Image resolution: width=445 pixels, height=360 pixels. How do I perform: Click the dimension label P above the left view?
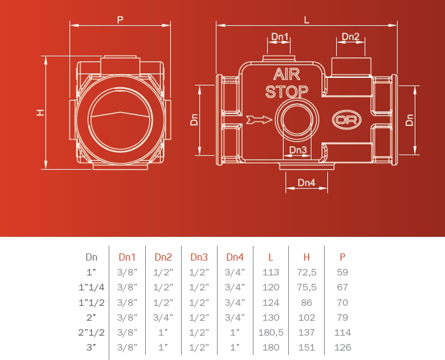120,19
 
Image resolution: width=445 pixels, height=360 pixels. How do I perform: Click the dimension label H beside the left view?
40,113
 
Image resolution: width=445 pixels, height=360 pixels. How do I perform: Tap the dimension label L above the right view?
306,19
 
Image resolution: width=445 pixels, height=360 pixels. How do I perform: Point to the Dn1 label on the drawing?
280,37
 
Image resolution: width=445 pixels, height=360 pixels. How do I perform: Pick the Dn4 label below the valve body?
306,183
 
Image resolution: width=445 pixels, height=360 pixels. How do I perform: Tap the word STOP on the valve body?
287,91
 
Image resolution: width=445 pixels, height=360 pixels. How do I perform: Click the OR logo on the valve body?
344,119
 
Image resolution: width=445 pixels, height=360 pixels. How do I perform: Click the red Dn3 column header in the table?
199,257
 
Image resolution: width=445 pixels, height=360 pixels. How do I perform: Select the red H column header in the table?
306,257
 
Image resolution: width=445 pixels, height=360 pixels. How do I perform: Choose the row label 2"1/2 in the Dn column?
91,332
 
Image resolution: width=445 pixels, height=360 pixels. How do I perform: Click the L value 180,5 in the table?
271,332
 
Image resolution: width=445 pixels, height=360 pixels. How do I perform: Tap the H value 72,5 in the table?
306,272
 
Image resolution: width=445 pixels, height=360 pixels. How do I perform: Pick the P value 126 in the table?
342,347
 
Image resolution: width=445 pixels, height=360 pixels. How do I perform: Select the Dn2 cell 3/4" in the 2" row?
163,317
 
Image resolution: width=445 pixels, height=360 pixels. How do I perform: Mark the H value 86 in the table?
306,303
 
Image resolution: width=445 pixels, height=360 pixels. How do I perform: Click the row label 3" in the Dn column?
91,347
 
